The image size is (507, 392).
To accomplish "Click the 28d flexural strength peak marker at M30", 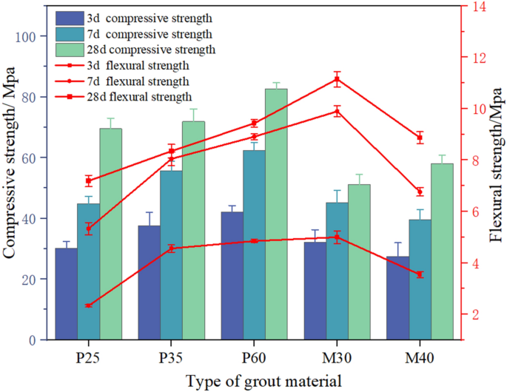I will pyautogui.click(x=338, y=79).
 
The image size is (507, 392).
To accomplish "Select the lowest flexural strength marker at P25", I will pyautogui.click(x=89, y=305).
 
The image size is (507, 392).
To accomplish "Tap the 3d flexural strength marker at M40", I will pyautogui.click(x=420, y=274).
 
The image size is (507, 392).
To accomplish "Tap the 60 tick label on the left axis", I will pyautogui.click(x=33, y=158).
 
